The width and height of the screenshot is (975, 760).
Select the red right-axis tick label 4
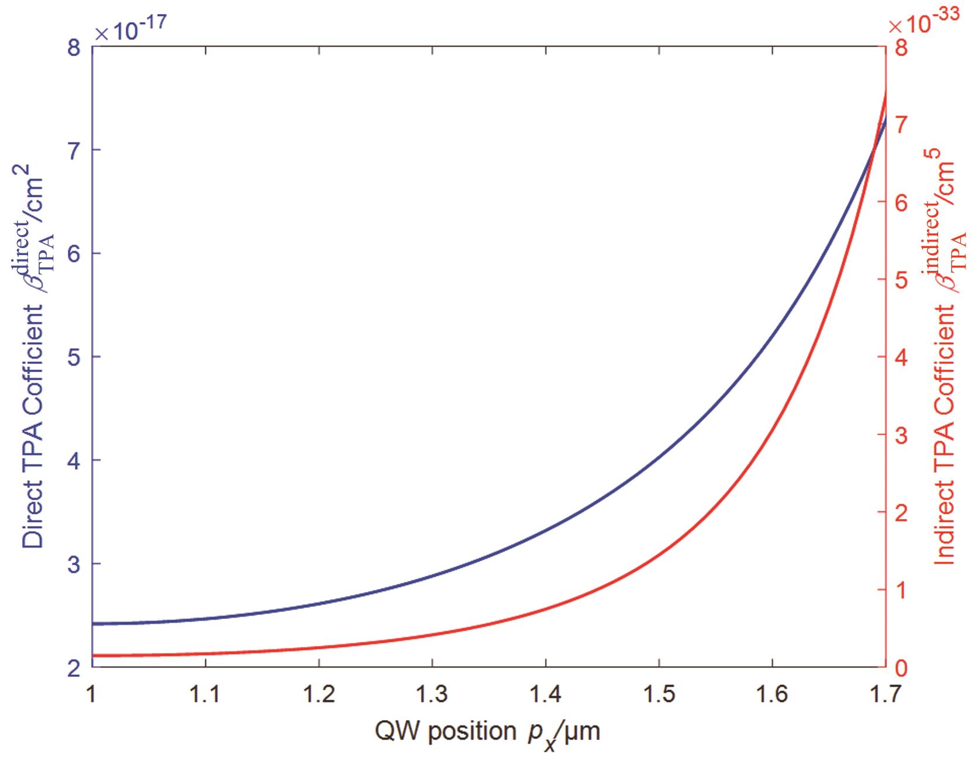tap(901, 357)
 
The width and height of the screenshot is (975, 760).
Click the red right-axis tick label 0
tap(901, 667)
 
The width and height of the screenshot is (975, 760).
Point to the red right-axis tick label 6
tap(901, 202)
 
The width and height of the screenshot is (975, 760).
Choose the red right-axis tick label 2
tap(901, 512)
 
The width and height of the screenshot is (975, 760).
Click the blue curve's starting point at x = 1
tap(93, 624)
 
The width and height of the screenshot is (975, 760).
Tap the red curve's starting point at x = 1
tap(93, 655)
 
